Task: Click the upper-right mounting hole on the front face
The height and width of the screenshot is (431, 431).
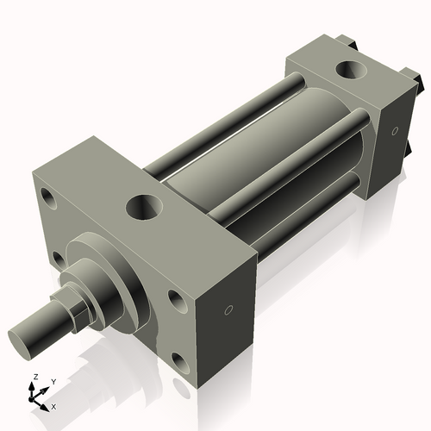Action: tap(177, 299)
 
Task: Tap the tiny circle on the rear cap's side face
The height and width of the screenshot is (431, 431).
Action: tap(394, 132)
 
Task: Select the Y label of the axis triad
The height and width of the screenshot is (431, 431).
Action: tap(53, 381)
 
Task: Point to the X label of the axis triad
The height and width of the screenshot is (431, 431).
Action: tap(53, 405)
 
